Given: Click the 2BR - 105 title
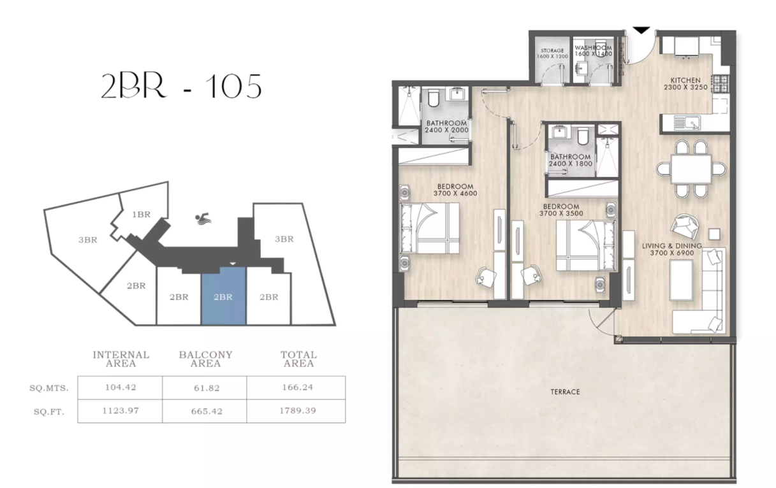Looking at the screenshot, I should [181, 86].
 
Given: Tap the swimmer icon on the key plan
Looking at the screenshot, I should [202, 220].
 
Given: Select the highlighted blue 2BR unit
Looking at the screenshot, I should [223, 296].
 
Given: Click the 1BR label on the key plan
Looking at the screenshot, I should [141, 215].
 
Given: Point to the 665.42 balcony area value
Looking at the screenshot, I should [205, 411].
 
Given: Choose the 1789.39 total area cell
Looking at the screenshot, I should [298, 411].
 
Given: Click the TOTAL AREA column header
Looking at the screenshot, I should [298, 359].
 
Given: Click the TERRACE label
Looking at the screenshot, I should [566, 392].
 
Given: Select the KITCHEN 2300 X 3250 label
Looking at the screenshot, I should [689, 84].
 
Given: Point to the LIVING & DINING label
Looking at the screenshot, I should [676, 249].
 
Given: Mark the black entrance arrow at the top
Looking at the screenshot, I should [640, 30].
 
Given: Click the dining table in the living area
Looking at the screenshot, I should [691, 169].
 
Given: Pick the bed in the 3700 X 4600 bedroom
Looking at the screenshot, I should [428, 228].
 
